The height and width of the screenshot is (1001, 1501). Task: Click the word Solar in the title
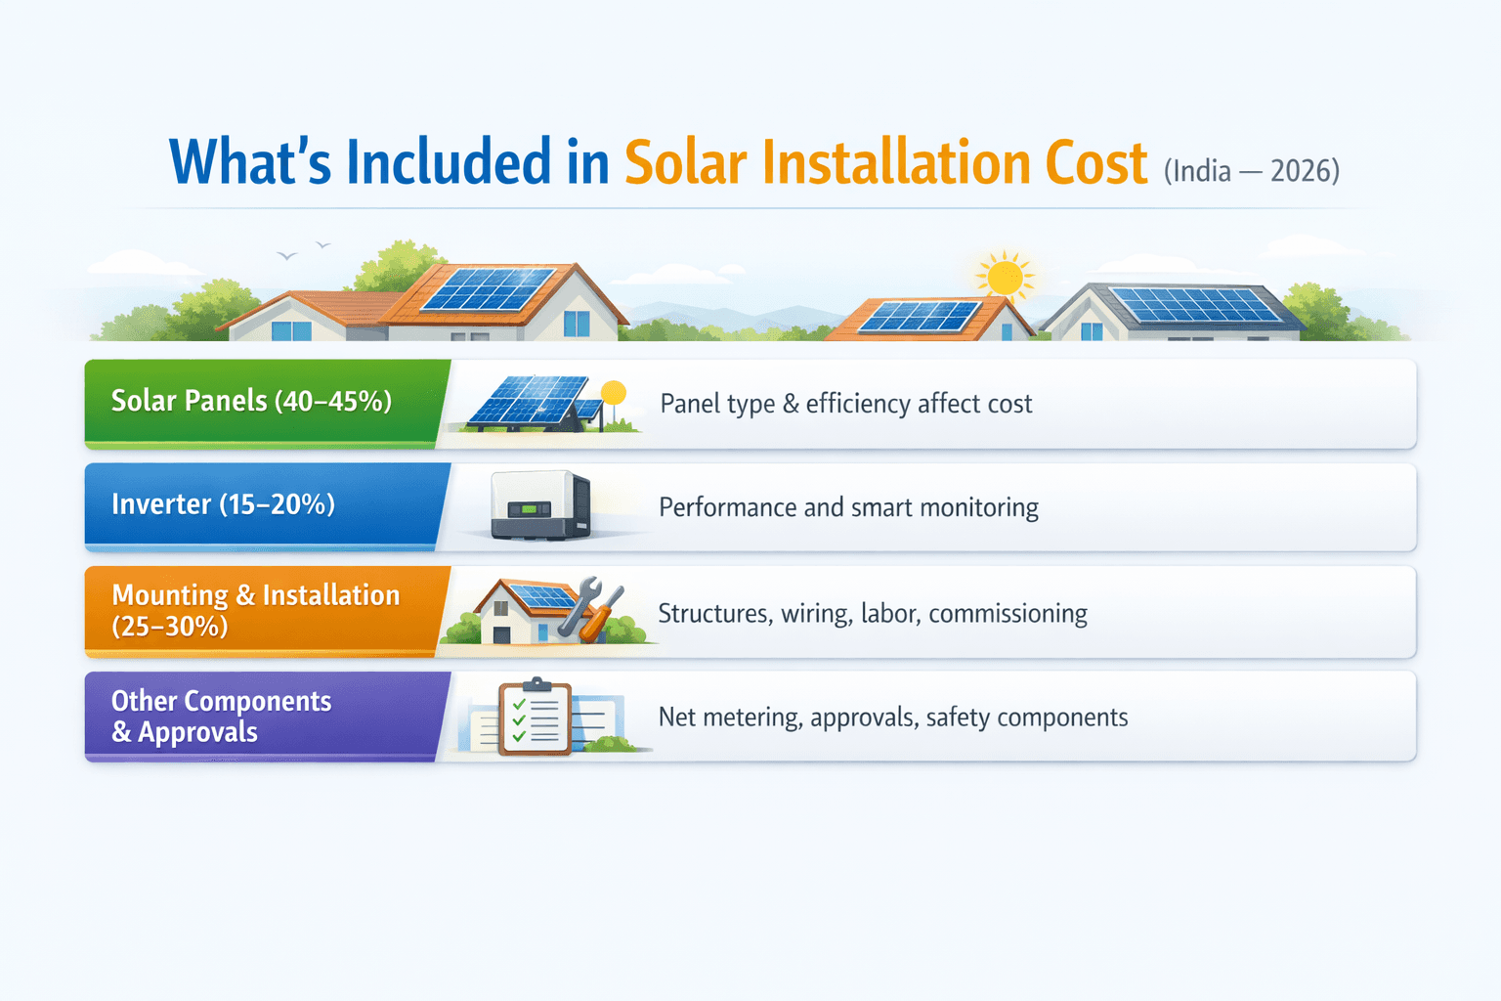coord(685,162)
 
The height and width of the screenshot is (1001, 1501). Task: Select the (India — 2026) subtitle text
coord(1251,170)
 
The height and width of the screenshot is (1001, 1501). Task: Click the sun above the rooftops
coord(1004,276)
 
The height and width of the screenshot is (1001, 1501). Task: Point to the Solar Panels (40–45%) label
coord(251,401)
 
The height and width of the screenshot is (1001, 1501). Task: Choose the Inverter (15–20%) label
coord(223,504)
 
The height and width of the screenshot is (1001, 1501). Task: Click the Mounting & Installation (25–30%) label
coord(255,610)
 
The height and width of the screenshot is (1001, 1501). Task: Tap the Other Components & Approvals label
coord(221,717)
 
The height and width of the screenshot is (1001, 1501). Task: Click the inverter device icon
coord(541,504)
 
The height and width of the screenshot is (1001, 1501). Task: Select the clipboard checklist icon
coord(536,717)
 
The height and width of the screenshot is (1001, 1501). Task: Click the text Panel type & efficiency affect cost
coord(845,404)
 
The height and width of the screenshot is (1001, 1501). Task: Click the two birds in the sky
coord(304,251)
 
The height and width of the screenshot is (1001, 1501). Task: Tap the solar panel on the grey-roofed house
coord(1195,305)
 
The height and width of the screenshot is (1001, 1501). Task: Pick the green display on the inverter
coord(528,509)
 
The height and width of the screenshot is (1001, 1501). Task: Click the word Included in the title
coord(449,162)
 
